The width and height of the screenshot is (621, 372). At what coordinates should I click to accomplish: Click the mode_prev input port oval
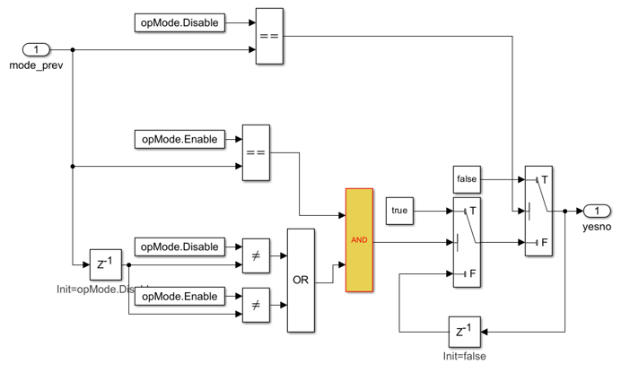point(36,50)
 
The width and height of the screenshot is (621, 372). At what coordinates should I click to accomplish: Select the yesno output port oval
point(597,212)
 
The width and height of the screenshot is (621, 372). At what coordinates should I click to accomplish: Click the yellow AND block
point(359,240)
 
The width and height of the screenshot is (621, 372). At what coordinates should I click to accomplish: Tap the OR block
point(301,280)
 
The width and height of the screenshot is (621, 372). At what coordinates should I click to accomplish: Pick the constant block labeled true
point(399,211)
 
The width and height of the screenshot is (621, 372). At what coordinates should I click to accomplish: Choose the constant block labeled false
point(467,179)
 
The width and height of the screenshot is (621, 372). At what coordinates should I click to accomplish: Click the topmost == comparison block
point(269,37)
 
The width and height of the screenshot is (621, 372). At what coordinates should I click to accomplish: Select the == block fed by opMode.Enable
point(256,152)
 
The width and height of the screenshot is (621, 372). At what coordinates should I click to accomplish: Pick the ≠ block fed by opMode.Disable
point(256,256)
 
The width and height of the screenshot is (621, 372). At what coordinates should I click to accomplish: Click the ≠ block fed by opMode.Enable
point(256,306)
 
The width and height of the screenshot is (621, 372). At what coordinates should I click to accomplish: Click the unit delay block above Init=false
point(464,332)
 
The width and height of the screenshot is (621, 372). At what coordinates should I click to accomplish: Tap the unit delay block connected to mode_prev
point(105,264)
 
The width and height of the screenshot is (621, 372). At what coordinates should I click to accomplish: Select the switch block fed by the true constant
point(467,243)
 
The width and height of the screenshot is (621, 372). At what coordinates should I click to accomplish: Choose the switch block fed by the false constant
point(538,212)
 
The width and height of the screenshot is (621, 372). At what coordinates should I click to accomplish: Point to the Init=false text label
point(464,356)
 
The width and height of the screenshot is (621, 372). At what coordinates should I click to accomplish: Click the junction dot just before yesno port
point(564,212)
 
